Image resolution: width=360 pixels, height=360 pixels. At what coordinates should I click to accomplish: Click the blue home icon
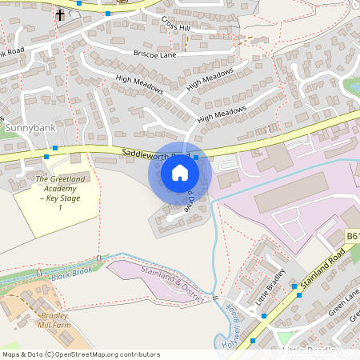[x=180, y=173]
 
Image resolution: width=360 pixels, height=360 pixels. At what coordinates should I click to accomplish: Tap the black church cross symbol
[x=61, y=15]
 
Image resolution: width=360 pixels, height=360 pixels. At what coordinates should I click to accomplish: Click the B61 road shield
[x=352, y=237]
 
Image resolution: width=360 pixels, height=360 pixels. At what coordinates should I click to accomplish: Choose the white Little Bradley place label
[x=312, y=351]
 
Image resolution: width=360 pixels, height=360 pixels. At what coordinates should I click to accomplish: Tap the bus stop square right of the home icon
[x=196, y=158]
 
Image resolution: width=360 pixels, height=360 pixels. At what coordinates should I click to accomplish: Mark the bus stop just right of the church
[x=108, y=14]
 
